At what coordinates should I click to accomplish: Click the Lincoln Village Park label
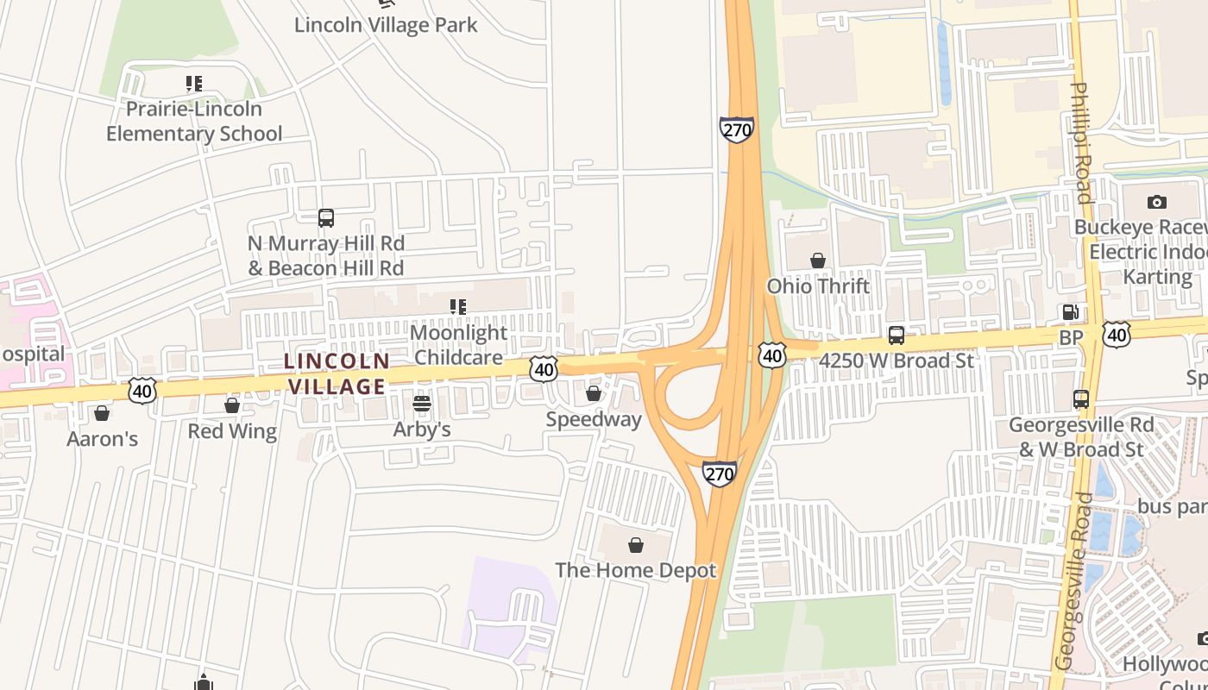[386, 25]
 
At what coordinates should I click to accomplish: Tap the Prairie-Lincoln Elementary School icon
[194, 85]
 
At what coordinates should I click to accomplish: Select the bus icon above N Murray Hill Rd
[325, 218]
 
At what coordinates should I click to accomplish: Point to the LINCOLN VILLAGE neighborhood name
[337, 373]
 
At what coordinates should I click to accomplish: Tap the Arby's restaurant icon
[421, 403]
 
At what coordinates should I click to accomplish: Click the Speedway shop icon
[594, 393]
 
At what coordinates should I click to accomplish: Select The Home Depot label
[635, 570]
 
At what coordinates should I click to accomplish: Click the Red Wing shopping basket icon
[231, 405]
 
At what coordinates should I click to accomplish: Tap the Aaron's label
[102, 439]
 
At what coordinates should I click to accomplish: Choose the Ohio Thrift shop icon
[817, 260]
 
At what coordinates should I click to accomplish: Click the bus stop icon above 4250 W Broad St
[897, 336]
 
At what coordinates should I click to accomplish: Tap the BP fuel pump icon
[1070, 313]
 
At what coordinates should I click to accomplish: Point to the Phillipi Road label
[1081, 142]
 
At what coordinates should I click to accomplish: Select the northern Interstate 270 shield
[736, 129]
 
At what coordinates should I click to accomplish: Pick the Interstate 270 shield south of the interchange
[719, 474]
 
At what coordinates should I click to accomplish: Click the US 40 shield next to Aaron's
[142, 391]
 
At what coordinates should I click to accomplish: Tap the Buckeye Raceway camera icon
[1157, 203]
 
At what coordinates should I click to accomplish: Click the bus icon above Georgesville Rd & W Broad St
[1081, 399]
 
